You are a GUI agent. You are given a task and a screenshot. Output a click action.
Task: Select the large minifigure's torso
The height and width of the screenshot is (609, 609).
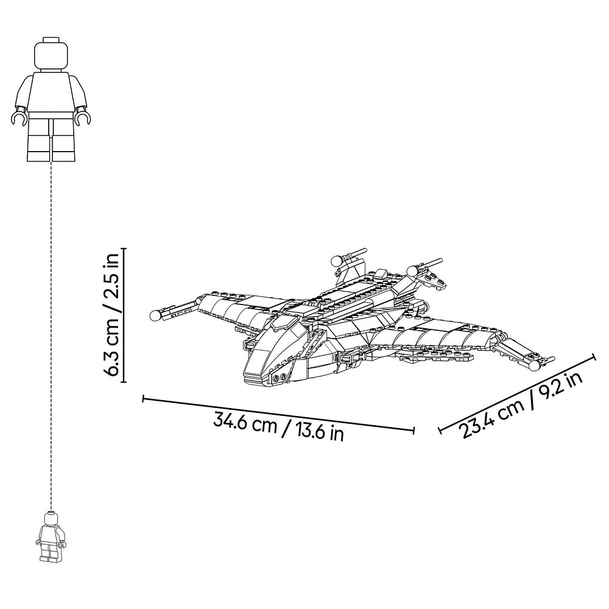51,91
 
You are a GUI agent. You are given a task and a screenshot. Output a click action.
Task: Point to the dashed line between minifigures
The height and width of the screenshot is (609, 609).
51,336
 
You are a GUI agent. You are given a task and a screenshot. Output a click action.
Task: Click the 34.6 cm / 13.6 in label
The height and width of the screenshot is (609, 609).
278,428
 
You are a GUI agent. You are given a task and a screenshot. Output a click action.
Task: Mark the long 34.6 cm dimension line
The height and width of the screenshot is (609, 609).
278,414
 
